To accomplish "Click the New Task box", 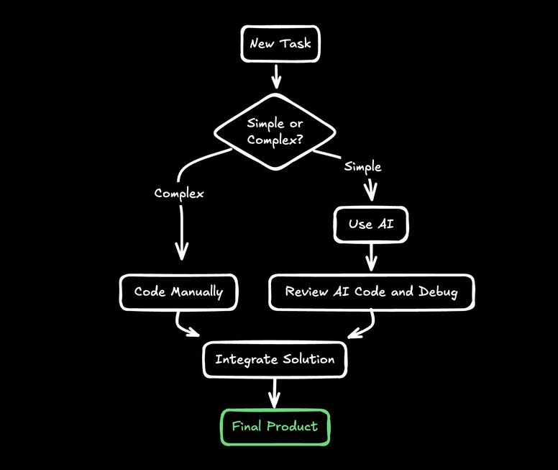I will pos(280,44).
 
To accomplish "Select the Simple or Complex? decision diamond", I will pos(275,132).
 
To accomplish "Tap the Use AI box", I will pos(370,224).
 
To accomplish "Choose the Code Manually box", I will pos(178,292).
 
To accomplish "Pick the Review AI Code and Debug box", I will pos(371,292).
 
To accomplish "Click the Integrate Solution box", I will pos(275,358).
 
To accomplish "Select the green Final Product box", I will pos(274,426).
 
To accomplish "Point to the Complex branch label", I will pos(179,194).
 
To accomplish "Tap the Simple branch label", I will pos(362,167).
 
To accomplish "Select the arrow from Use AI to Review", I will pos(371,256).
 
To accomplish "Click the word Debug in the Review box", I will pos(437,292).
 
